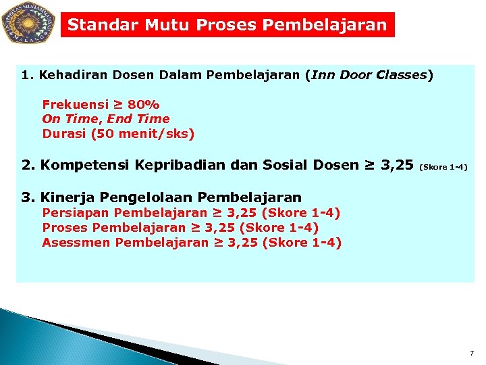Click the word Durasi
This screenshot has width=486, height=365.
(x=64, y=134)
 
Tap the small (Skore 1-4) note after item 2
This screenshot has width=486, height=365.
(x=443, y=166)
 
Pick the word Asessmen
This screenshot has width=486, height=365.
(x=76, y=243)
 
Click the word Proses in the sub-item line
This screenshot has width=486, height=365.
(x=65, y=228)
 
